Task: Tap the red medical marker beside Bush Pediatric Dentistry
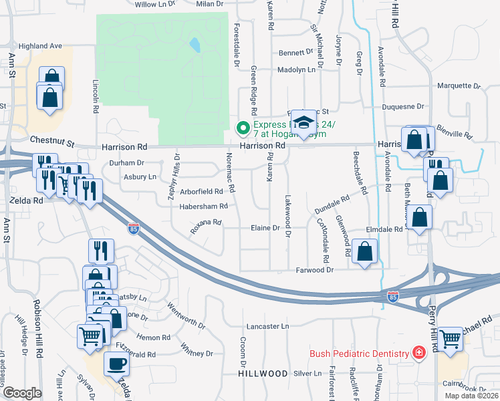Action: pyautogui.click(x=418, y=352)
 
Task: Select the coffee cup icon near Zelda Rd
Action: pyautogui.click(x=117, y=364)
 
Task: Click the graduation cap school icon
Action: pyautogui.click(x=303, y=122)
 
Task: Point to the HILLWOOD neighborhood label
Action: pyautogui.click(x=262, y=374)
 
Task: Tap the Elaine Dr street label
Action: pyautogui.click(x=265, y=228)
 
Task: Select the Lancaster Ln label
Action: pyautogui.click(x=267, y=326)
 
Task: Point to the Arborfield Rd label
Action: pyautogui.click(x=193, y=191)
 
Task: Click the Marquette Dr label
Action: pyautogui.click(x=459, y=86)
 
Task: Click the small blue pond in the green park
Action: pyautogui.click(x=194, y=45)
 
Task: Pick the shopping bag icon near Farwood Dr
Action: pyautogui.click(x=365, y=252)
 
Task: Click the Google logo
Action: pyautogui.click(x=22, y=392)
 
